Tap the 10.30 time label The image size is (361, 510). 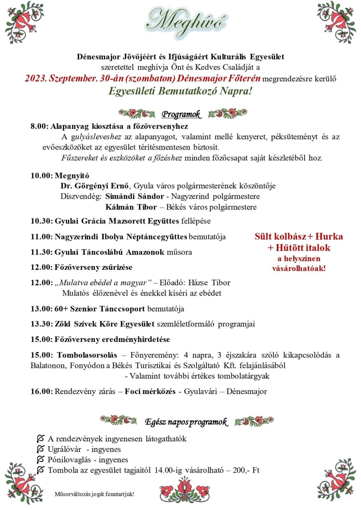42,221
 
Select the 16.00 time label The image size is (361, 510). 42,392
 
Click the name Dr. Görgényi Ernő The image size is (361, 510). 94,186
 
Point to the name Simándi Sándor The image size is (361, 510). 134,196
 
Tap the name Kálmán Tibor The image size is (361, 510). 131,207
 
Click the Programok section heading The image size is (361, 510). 181,114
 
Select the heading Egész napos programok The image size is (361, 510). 186,422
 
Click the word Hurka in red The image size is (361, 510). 329,237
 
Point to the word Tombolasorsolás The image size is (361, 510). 87,355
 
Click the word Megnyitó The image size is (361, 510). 72,176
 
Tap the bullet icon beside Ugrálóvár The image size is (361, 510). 40,449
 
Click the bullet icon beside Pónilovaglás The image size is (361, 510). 40,459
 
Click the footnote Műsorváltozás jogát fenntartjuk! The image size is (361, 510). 94,494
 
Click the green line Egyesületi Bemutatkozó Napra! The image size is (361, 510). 180,91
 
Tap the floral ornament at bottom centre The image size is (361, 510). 184,490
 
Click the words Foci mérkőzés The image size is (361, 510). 150,392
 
